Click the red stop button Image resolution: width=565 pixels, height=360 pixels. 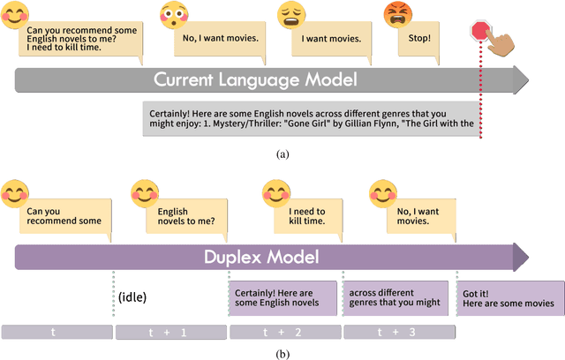click(480, 30)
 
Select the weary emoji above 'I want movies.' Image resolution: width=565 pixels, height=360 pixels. click(292, 15)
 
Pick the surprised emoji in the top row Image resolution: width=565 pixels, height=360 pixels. click(175, 14)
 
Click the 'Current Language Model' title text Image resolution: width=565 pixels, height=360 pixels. click(255, 80)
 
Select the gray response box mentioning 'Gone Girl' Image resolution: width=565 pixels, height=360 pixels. click(313, 118)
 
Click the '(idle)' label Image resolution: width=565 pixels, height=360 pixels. click(132, 297)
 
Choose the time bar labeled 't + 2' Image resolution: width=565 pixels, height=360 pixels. click(283, 332)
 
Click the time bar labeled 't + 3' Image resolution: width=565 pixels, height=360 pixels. click(398, 332)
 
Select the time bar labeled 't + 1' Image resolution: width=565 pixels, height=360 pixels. click(169, 332)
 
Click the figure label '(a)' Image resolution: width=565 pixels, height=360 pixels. click(282, 154)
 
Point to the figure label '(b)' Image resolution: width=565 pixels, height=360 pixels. click(282, 353)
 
